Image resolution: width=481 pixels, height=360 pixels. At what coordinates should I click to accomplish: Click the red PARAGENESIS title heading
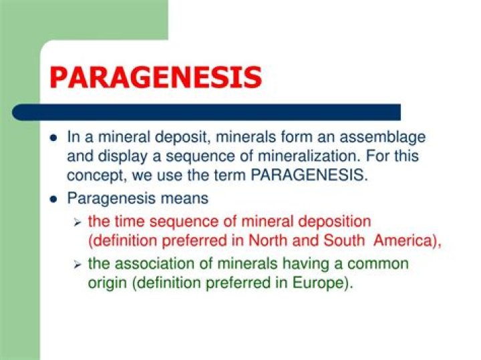pyautogui.click(x=155, y=77)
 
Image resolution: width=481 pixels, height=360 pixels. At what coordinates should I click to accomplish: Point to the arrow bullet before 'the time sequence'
pyautogui.click(x=77, y=221)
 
